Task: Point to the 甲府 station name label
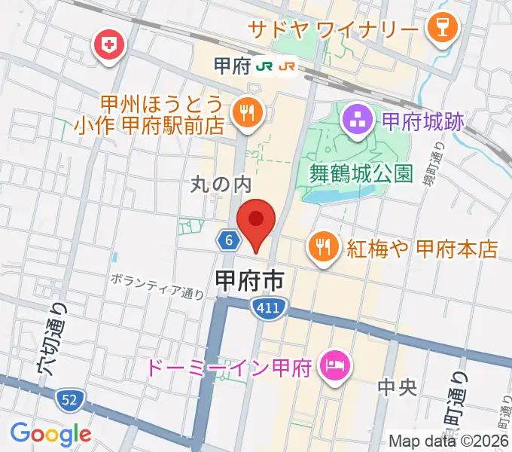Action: click(x=230, y=66)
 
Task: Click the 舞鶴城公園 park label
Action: click(x=361, y=174)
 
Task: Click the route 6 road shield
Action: click(x=228, y=240)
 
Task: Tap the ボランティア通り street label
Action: click(x=157, y=285)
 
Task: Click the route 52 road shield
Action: click(x=69, y=398)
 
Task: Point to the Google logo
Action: click(x=51, y=433)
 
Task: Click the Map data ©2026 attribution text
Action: click(x=447, y=441)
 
